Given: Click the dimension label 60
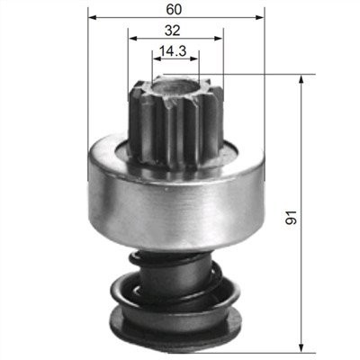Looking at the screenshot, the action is coord(174,10).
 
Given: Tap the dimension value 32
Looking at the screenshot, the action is coord(172,31).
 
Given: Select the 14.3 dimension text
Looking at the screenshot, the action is coord(173,50).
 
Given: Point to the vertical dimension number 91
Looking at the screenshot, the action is coord(291,217).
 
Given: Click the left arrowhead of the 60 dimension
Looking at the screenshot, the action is coord(93,18).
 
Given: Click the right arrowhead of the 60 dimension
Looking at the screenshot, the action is coord(260,18).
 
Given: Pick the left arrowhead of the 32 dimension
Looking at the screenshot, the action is coord(132,39).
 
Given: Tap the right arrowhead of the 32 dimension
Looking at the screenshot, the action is coord(219,39).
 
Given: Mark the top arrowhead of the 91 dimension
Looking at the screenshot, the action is coord(301,78).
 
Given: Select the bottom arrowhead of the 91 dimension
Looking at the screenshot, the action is coord(301,349).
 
